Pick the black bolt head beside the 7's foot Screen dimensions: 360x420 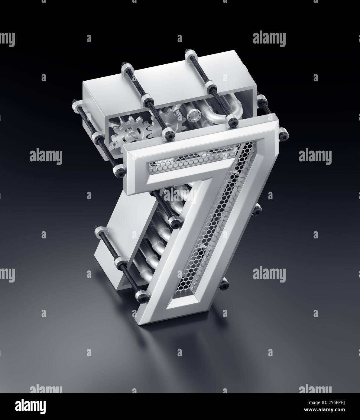point(224,285)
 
